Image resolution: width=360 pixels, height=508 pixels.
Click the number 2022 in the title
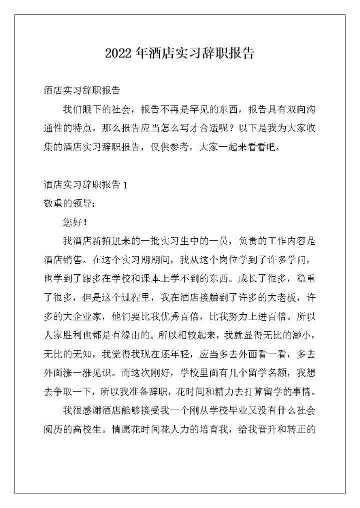118,54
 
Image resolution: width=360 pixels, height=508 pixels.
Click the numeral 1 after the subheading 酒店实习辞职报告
125,185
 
